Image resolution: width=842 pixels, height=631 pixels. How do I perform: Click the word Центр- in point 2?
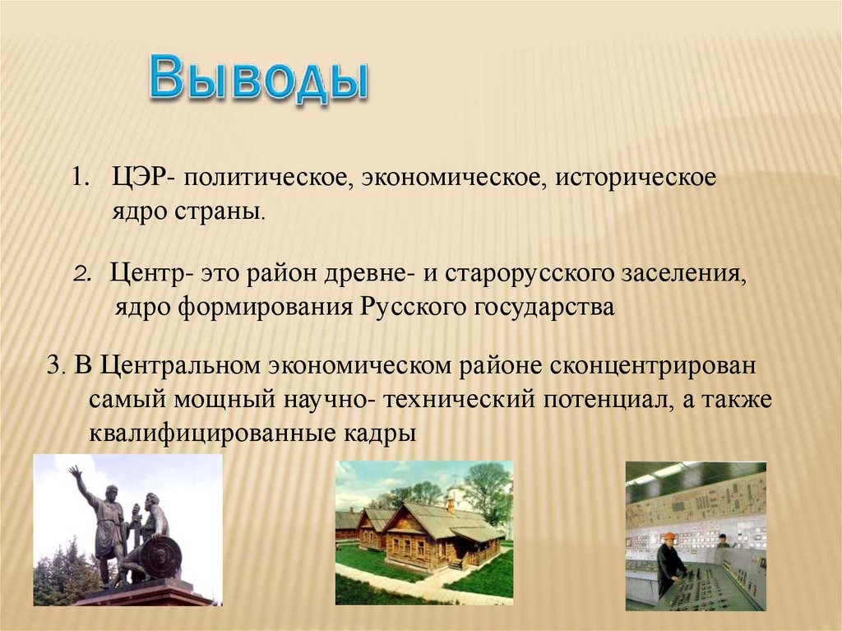point(151,274)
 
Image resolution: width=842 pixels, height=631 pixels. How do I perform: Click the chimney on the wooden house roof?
point(451,503)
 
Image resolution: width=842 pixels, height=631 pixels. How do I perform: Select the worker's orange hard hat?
point(669,536)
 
